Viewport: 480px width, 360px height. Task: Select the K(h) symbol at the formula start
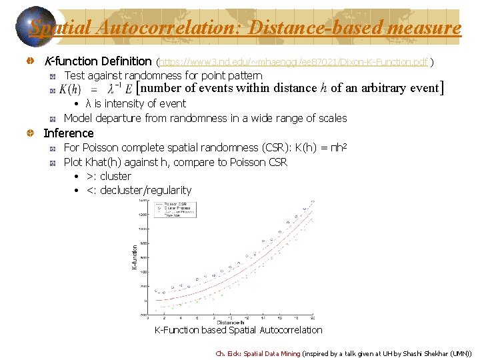70,89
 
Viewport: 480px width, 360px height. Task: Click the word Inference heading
69,133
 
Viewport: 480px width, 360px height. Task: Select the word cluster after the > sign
115,176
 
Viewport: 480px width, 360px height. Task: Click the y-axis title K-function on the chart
134,256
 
